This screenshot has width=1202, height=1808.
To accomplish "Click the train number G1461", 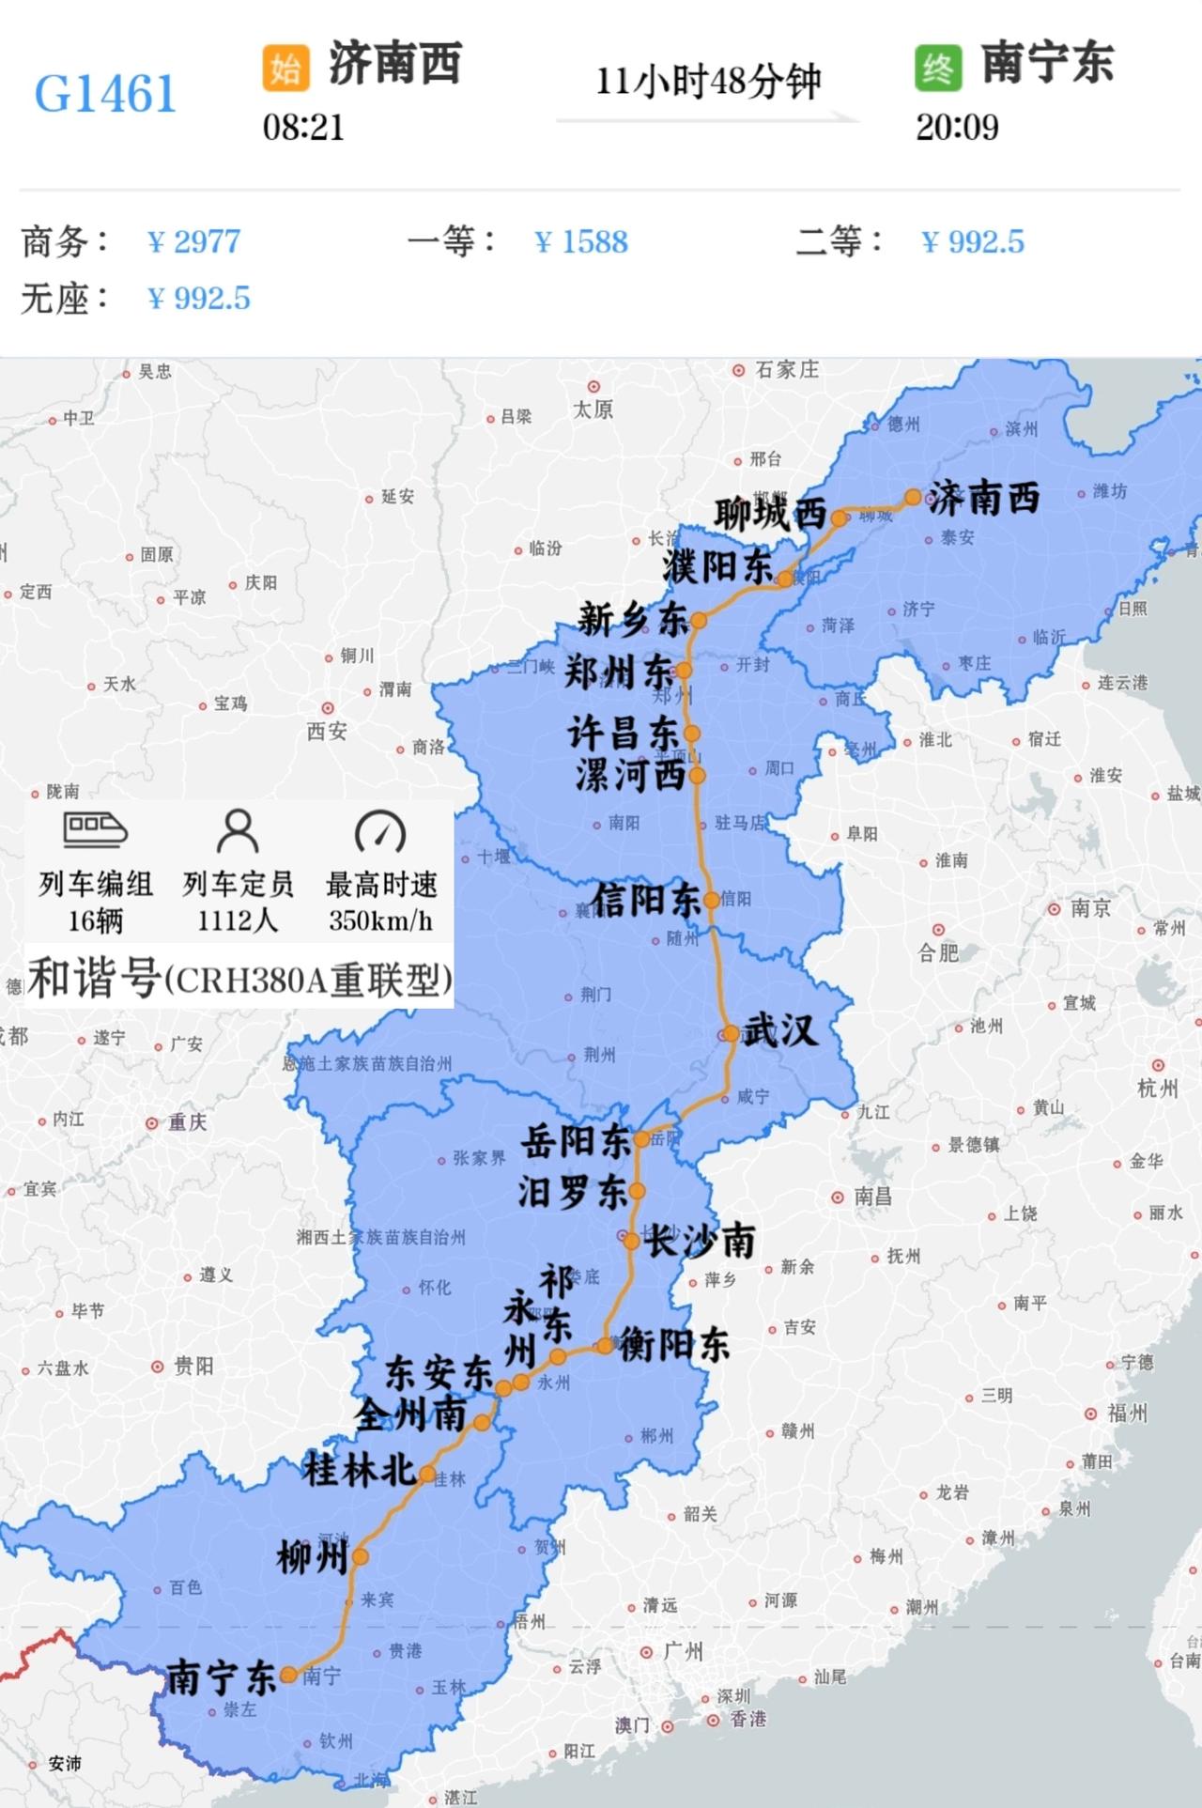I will [105, 93].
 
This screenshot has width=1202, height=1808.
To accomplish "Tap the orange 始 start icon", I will [285, 68].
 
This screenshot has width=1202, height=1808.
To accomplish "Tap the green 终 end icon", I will [937, 68].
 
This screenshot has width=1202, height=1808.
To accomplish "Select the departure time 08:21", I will [303, 128].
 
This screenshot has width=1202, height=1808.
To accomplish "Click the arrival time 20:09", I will [957, 128].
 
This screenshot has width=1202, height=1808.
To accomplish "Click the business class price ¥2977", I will [194, 242].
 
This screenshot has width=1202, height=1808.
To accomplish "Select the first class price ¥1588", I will [581, 242].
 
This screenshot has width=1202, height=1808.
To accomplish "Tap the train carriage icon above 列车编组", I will [95, 829].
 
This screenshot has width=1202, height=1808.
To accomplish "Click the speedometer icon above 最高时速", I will [380, 831].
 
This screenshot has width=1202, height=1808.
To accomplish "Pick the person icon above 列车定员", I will [238, 831].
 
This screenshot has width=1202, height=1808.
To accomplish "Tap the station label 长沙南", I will [700, 1242].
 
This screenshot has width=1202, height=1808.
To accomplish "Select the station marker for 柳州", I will [360, 1557].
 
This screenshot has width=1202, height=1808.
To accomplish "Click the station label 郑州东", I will [619, 672].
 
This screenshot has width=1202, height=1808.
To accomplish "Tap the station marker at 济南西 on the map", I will [912, 497].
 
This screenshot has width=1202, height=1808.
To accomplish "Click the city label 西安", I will [327, 731].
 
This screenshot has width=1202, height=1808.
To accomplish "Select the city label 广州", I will [683, 1651].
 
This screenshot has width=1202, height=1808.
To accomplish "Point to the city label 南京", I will [1090, 908].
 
